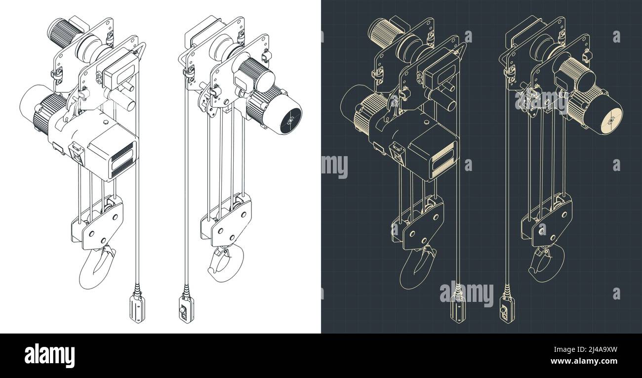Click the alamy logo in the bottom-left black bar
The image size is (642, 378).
(49, 355)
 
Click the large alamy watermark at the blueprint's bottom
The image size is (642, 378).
(466, 294)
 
